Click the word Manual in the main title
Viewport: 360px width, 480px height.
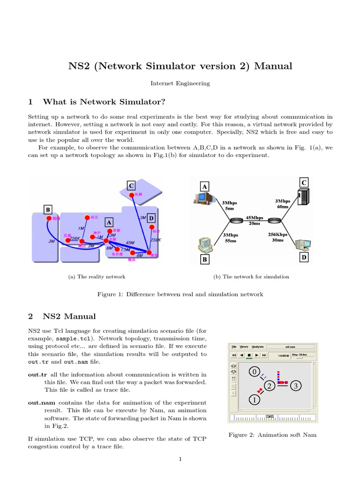tap(273, 66)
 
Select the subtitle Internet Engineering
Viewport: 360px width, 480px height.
tap(180, 83)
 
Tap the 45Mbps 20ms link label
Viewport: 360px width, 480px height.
tap(255, 220)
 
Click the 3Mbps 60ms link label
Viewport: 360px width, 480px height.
tap(283, 203)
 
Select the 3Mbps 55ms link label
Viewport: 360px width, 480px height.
tap(230, 237)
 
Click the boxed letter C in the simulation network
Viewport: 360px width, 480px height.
tap(304, 182)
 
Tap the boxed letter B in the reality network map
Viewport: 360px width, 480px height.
tap(48, 209)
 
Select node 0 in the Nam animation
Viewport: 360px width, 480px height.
tap(254, 372)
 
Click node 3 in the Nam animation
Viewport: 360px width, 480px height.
tap(296, 386)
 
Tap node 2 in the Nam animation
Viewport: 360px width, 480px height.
tap(269, 386)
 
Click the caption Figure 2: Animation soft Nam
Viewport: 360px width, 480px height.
tap(272, 435)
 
